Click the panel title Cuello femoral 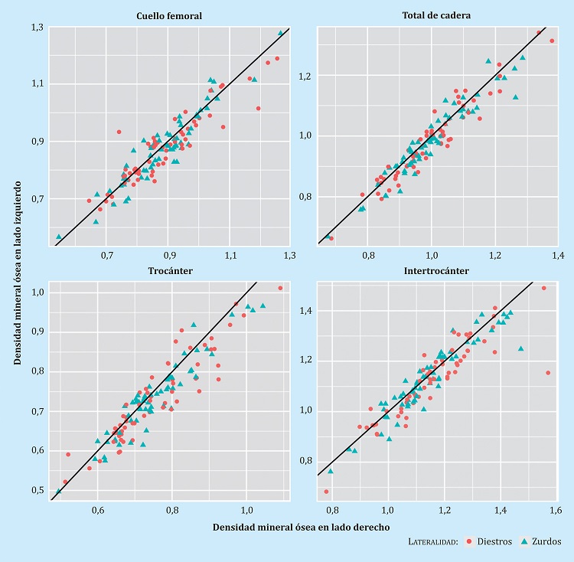pyautogui.click(x=168, y=15)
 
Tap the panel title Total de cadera pyautogui.click(x=436, y=15)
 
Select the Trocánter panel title pyautogui.click(x=168, y=270)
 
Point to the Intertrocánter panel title pyautogui.click(x=436, y=270)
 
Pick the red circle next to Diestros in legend pyautogui.click(x=468, y=541)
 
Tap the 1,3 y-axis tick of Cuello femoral pyautogui.click(x=38, y=28)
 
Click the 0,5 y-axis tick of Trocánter pyautogui.click(x=37, y=490)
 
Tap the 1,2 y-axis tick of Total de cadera pyautogui.click(x=305, y=77)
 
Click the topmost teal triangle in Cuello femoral pyautogui.click(x=280, y=33)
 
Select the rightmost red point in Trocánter pyautogui.click(x=280, y=288)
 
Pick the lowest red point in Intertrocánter pyautogui.click(x=326, y=492)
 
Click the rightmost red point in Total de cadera pyautogui.click(x=552, y=41)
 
